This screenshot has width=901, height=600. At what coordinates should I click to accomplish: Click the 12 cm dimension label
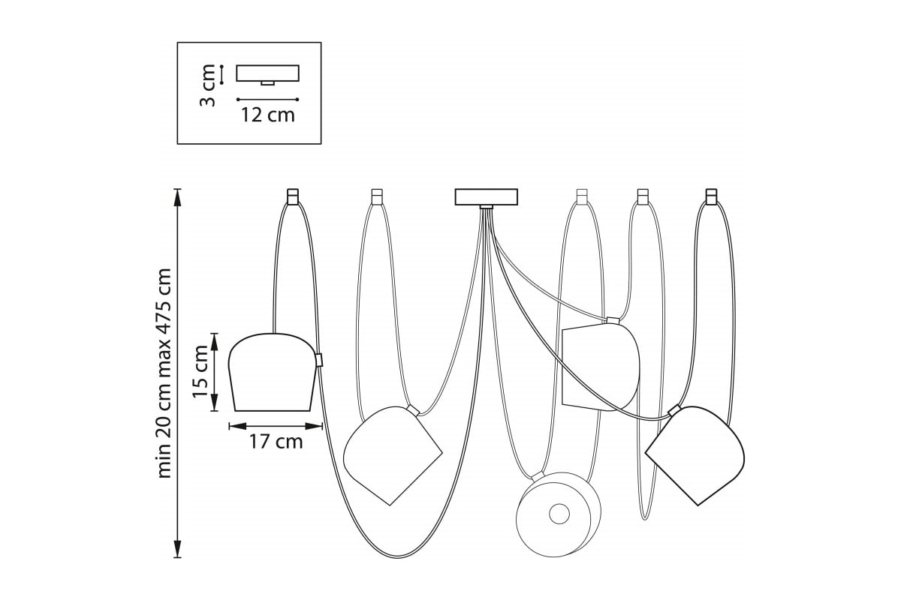click(x=268, y=115)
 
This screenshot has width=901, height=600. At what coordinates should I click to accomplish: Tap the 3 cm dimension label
click(x=207, y=85)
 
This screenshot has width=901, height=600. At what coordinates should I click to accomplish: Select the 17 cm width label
click(x=276, y=442)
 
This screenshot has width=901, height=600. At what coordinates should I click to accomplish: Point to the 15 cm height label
click(x=200, y=372)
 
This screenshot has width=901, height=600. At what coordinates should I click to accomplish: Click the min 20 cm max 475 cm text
click(x=164, y=373)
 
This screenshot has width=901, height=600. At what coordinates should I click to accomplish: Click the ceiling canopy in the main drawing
click(x=487, y=197)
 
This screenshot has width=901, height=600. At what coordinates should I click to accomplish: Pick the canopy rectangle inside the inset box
click(x=267, y=73)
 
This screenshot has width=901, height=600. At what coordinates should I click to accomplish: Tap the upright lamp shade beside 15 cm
click(x=273, y=372)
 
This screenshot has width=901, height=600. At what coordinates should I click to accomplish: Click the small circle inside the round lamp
click(x=559, y=514)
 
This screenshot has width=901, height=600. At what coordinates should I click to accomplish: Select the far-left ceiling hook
click(x=293, y=196)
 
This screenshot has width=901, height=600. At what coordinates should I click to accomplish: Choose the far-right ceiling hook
click(x=712, y=196)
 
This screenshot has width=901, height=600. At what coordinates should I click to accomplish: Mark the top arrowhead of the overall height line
click(x=177, y=197)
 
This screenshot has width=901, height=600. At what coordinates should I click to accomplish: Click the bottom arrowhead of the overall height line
click(x=177, y=549)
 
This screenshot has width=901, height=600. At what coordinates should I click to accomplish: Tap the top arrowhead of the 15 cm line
click(x=214, y=341)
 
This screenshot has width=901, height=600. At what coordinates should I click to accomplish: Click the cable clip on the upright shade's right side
click(x=319, y=360)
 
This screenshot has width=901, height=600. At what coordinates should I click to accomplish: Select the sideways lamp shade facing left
click(x=601, y=367)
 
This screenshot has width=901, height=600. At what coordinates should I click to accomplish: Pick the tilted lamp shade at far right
click(x=696, y=455)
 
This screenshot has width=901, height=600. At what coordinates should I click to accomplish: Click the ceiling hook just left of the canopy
click(x=377, y=196)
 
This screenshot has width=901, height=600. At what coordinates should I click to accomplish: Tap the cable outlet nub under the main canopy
click(x=487, y=207)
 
